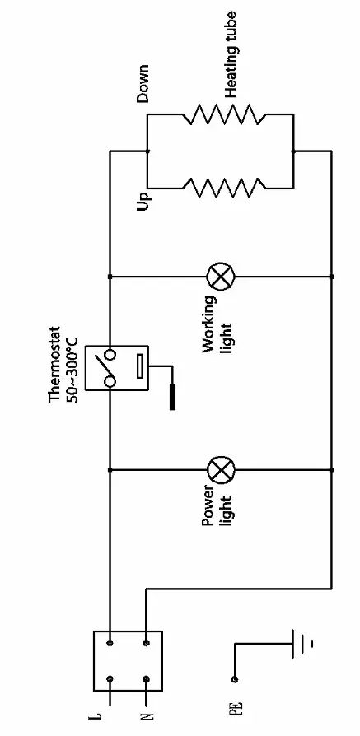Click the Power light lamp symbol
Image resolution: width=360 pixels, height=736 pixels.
pos(220,471)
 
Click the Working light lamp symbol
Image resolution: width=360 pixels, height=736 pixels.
pos(220,275)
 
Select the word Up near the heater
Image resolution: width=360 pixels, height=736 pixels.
pos(145,200)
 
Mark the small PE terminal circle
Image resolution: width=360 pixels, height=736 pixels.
pos(236,679)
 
